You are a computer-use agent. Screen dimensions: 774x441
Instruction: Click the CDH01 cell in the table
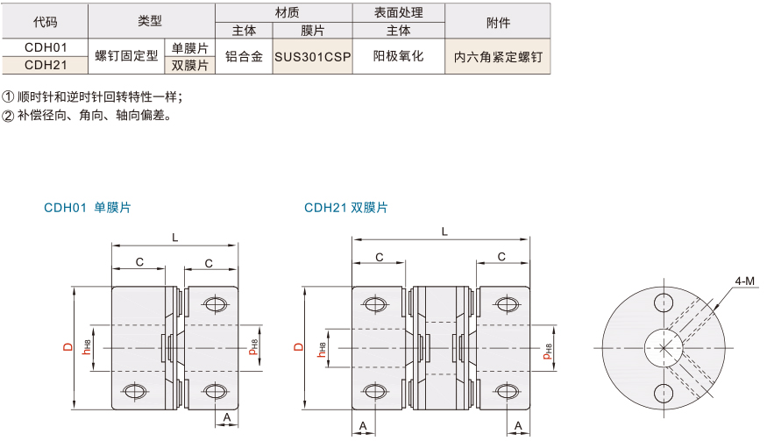46,47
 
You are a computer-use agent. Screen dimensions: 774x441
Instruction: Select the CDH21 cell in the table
46,65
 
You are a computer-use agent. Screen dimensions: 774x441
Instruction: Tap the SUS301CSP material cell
312,56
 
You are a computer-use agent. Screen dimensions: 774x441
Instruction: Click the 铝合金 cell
244,56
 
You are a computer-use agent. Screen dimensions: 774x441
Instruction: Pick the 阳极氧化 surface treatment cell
398,56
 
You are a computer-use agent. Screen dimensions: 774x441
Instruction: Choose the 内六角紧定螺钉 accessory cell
498,57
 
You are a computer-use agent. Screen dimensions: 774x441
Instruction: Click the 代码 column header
46,22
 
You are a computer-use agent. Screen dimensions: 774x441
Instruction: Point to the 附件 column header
498,22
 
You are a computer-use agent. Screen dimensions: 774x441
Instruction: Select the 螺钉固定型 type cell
126,56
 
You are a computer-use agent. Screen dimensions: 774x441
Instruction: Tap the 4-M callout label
744,281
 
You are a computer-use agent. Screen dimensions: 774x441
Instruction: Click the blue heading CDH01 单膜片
88,208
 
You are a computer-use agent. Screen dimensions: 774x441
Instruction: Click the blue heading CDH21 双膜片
346,208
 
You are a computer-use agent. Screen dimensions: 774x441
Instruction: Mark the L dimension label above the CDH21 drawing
444,231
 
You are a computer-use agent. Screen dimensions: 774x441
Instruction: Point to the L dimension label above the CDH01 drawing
174,238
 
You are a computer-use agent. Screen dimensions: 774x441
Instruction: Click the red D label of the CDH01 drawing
68,347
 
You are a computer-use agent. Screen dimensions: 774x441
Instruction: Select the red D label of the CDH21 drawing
299,347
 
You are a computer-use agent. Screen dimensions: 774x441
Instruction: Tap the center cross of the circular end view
664,348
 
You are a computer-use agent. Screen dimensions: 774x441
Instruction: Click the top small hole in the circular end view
664,302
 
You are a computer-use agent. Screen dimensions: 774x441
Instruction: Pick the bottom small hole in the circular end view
664,394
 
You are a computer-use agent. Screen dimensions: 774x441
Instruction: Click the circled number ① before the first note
8,96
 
